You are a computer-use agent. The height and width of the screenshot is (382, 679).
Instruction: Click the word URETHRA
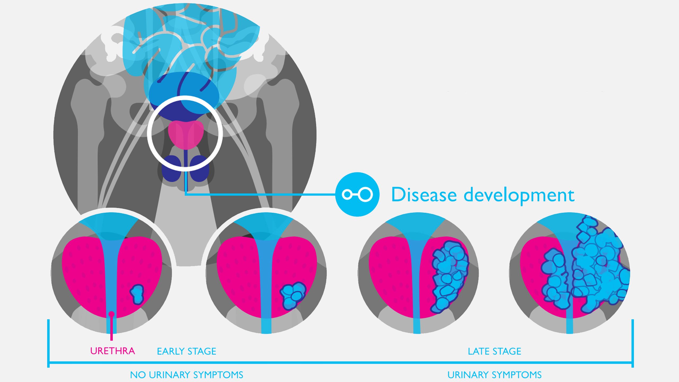tap(112, 351)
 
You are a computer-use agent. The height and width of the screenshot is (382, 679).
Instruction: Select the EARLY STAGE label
tap(186, 351)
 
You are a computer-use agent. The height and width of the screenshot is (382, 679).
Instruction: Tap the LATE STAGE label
tap(494, 351)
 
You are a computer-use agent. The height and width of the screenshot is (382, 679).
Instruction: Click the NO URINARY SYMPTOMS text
tap(186, 375)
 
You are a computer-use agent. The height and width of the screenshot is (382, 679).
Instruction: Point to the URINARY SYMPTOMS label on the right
tap(494, 375)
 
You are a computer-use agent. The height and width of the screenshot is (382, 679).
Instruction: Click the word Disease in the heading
tap(424, 195)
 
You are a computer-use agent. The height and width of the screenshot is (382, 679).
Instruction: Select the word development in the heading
tap(519, 195)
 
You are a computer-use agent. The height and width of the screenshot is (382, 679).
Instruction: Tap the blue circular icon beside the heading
tap(357, 194)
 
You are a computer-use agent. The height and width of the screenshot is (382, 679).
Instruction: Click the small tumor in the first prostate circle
tap(137, 294)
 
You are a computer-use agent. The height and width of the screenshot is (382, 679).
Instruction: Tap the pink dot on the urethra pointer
tap(112, 314)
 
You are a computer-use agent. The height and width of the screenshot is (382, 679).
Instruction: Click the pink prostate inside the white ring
tap(186, 134)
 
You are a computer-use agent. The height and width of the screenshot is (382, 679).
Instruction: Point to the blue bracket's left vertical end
tap(48, 344)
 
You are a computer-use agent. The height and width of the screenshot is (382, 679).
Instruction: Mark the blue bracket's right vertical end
tap(633, 344)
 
